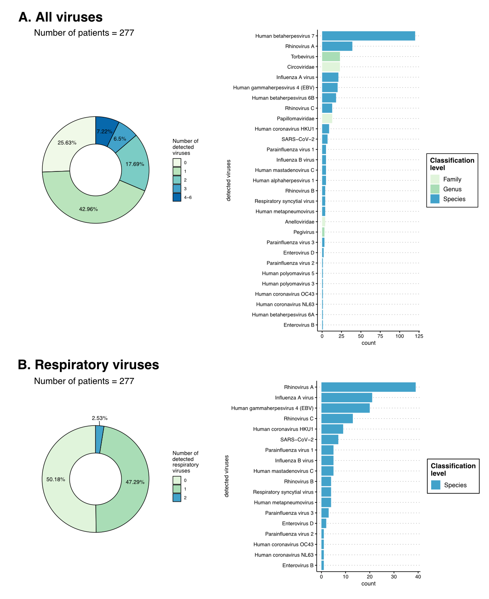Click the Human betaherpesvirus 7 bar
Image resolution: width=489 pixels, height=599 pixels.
(x=368, y=36)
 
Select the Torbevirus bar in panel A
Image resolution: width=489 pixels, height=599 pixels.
(x=331, y=57)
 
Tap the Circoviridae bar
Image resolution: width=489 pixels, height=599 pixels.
(x=331, y=67)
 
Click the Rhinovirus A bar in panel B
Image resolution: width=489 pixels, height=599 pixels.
(x=368, y=387)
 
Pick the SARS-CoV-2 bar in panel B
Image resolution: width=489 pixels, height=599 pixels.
(x=330, y=440)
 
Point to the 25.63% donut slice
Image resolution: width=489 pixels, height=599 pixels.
(x=61, y=147)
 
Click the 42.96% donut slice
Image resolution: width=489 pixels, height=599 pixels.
(x=90, y=204)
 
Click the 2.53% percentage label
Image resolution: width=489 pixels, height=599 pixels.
(x=99, y=418)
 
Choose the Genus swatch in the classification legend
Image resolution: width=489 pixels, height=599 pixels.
(x=435, y=189)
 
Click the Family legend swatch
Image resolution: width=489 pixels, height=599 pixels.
(x=435, y=179)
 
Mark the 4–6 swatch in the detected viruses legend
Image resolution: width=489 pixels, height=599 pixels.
(x=177, y=197)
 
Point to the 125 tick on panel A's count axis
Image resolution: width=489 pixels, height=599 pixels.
(x=419, y=336)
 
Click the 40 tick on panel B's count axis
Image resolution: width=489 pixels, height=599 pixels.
(x=418, y=577)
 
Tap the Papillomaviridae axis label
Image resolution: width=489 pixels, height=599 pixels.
(x=295, y=118)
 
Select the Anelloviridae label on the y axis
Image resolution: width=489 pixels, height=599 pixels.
(x=300, y=222)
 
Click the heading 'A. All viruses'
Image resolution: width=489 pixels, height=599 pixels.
(x=61, y=17)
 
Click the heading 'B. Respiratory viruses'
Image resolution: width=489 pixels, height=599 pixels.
(x=88, y=365)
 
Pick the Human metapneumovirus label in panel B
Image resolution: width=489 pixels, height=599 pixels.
(x=284, y=502)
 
